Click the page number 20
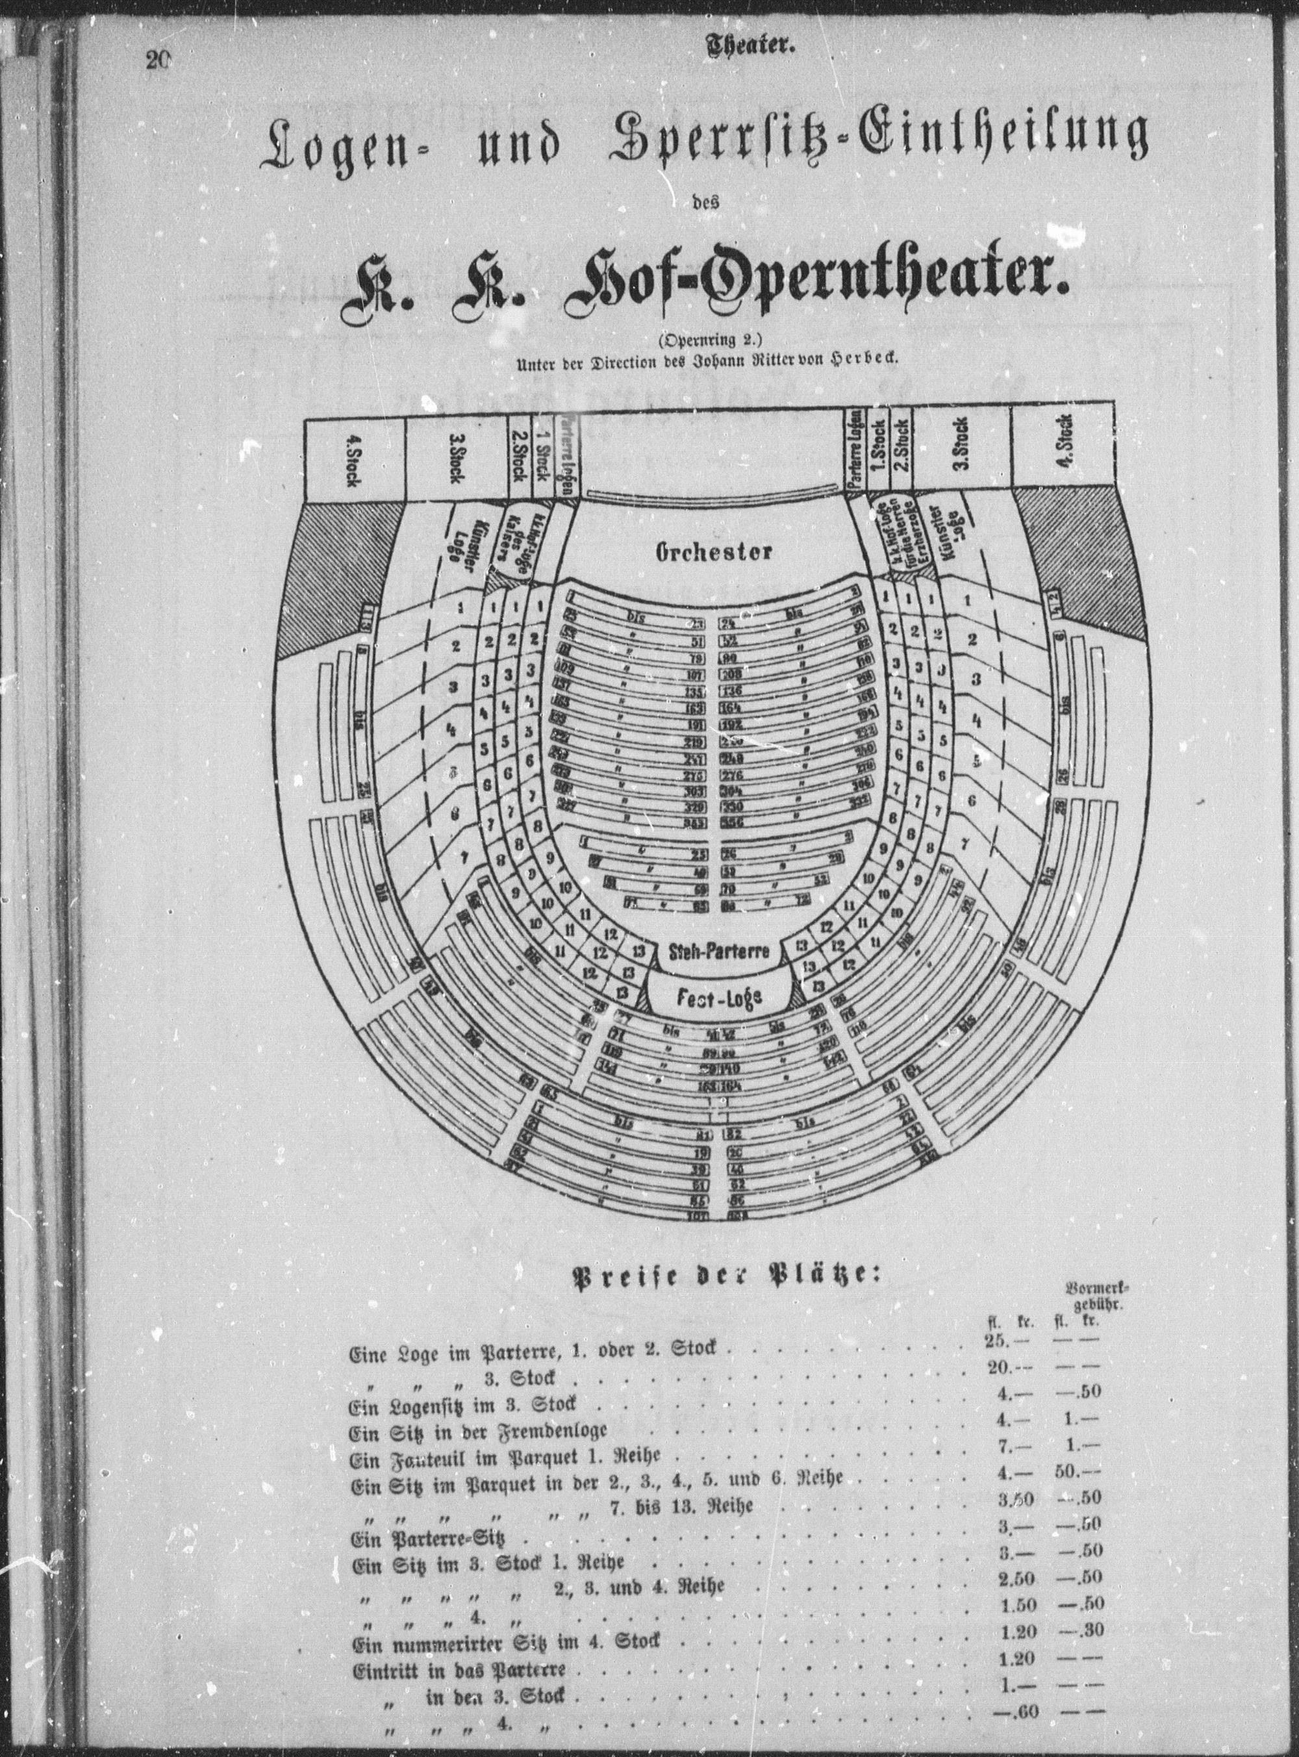tap(157, 60)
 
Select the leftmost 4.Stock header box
tap(354, 461)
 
